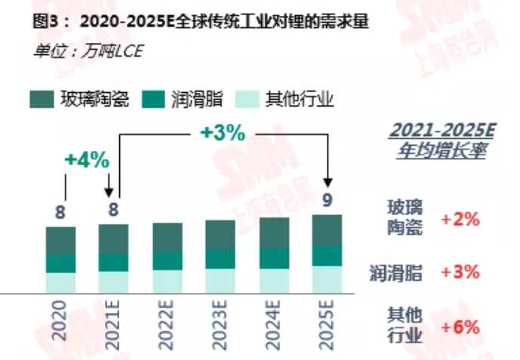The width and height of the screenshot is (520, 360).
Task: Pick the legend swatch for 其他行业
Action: [248, 99]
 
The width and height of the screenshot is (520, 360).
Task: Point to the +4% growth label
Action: [87, 160]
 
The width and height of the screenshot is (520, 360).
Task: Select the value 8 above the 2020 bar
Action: [60, 213]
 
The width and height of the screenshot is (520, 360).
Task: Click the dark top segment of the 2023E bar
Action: [220, 235]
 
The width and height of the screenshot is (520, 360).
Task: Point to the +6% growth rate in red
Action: [460, 328]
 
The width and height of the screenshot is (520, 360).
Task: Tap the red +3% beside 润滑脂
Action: [460, 272]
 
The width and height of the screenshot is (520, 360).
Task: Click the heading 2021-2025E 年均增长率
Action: [441, 140]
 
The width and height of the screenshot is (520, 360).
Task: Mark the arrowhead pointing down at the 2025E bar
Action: [328, 182]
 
